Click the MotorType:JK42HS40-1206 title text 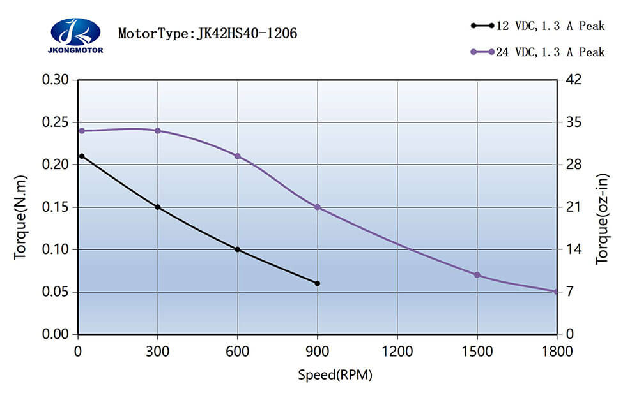click(207, 33)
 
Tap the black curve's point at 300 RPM click(158, 207)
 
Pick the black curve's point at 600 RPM click(238, 249)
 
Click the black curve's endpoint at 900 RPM click(318, 283)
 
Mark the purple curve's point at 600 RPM click(238, 156)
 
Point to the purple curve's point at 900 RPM click(318, 207)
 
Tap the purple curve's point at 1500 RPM click(477, 275)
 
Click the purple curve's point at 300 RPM click(158, 131)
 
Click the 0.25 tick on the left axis click(55, 122)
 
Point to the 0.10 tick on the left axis click(55, 249)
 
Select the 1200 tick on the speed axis click(397, 352)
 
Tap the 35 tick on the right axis click(574, 122)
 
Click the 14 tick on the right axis click(574, 249)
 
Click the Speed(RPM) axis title click(335, 375)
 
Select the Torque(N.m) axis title click(21, 217)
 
